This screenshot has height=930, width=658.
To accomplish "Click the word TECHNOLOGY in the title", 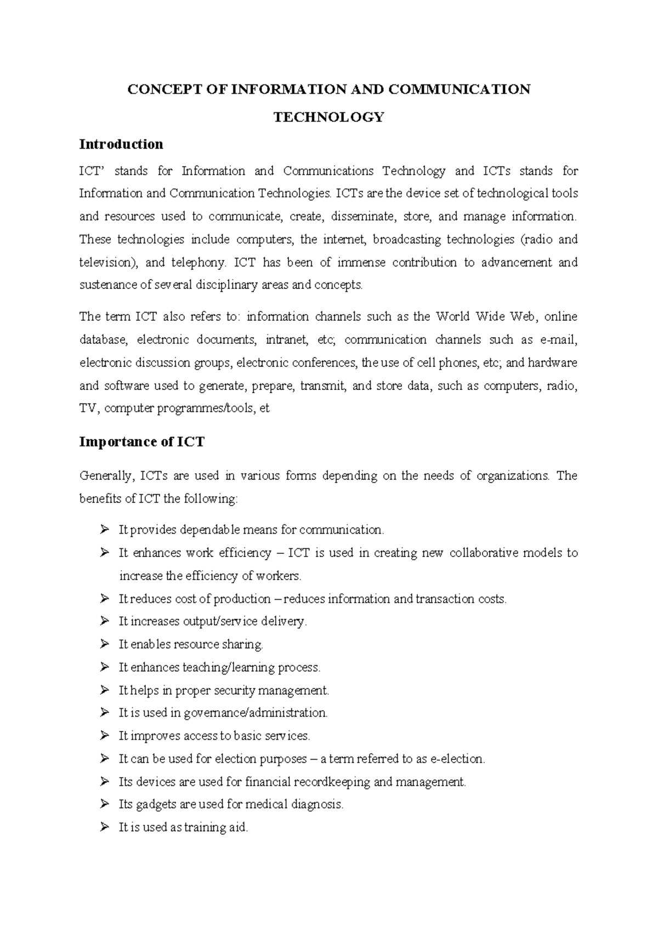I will click(x=328, y=117).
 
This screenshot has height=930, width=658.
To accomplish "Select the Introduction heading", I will click(x=121, y=144).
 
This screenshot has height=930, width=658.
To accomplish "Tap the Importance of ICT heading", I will click(x=141, y=442).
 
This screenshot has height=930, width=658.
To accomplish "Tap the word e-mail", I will click(x=558, y=340).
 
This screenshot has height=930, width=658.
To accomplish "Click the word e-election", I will click(x=458, y=759).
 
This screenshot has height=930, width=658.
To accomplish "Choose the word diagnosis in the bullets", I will click(x=316, y=804).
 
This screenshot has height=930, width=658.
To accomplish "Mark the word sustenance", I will click(x=108, y=285).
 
